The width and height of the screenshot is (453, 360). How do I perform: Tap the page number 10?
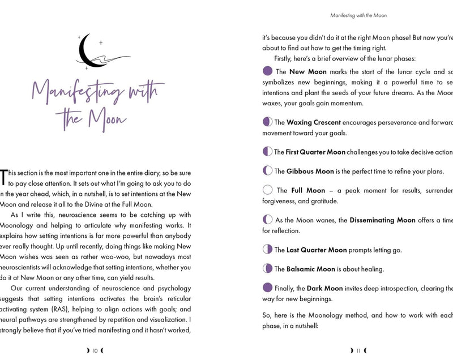95,350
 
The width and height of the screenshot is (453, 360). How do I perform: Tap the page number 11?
358,350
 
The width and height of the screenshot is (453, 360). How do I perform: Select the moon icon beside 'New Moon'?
268,71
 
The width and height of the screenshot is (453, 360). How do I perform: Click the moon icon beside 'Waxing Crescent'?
268,122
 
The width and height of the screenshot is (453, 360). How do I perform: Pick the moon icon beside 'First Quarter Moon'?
268,152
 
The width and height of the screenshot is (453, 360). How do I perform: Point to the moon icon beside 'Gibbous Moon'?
268,171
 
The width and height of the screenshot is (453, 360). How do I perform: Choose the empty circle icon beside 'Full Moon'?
268,190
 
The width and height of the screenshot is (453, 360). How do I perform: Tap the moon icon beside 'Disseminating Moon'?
268,220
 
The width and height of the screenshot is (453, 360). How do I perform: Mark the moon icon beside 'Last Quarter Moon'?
268,249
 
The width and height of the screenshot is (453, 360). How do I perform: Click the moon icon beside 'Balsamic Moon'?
268,269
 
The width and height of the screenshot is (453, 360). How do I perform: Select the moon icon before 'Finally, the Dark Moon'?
268,288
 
